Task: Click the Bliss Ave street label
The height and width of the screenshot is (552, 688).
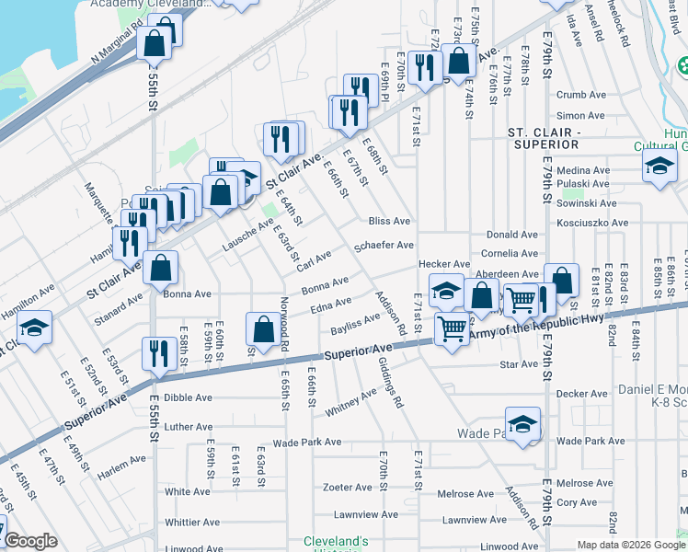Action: coord(388,222)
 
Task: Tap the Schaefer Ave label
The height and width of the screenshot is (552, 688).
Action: coord(384,247)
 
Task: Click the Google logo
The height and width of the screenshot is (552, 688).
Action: coord(29,541)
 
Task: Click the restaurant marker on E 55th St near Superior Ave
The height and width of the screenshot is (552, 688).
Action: coord(155,352)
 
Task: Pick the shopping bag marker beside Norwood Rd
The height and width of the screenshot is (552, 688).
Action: coord(263,328)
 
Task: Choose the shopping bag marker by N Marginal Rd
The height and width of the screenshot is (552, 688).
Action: coord(155,41)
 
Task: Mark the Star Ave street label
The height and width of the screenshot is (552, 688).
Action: coord(518,365)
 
